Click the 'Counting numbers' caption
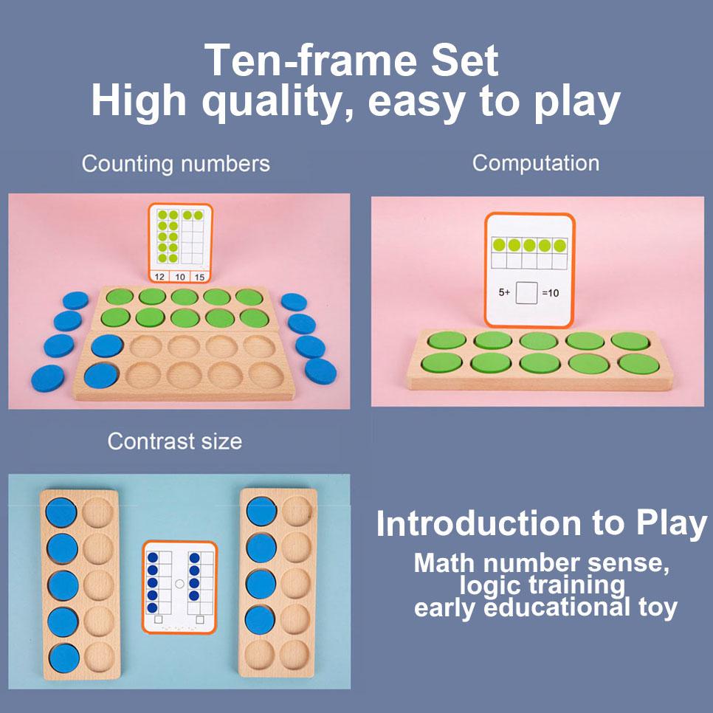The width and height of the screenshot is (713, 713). tap(176, 163)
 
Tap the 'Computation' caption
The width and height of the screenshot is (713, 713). tap(536, 163)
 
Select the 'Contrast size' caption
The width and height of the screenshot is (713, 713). tap(174, 441)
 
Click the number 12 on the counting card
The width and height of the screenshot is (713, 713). tap(159, 277)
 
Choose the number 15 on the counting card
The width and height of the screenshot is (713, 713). tap(199, 277)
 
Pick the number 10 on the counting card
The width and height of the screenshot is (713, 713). tap(179, 277)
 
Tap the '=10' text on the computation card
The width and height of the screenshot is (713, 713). tap(550, 293)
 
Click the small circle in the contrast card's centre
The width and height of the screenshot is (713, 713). tap(179, 583)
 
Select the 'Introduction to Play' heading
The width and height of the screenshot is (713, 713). tap(541, 523)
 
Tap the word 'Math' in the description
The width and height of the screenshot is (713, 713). tap(444, 563)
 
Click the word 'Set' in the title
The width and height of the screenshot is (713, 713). tap(467, 61)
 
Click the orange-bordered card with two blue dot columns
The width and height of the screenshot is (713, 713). tap(179, 587)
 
